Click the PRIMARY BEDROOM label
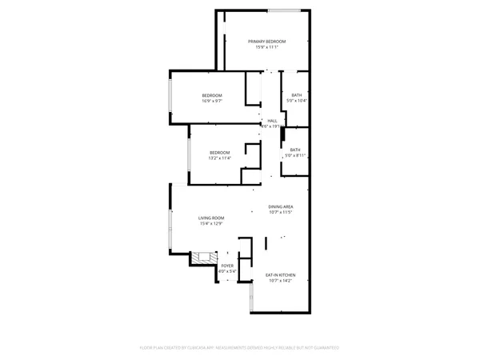266,41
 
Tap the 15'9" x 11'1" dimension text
266,47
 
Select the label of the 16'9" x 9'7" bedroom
211,95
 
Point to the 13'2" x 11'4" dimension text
220,158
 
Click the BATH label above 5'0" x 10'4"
296,95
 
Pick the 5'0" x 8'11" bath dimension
296,155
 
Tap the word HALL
272,120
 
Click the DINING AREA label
281,206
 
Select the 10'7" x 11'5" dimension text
281,212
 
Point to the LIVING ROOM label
211,218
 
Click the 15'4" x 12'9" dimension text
211,223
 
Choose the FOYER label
228,266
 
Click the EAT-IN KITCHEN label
280,275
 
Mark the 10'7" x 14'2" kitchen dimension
280,281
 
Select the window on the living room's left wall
170,230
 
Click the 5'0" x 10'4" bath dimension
296,101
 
